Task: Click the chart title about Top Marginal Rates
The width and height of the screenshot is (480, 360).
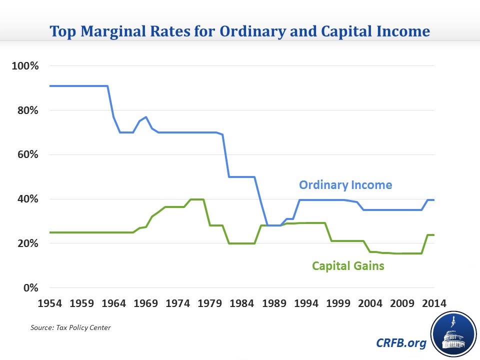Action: [x=239, y=31]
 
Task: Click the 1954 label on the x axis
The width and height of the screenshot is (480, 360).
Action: [x=49, y=303]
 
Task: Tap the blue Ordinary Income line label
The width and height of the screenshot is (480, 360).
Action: [x=345, y=185]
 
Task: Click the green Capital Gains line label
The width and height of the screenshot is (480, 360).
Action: [x=348, y=266]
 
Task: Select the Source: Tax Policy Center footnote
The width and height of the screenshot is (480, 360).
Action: [x=70, y=327]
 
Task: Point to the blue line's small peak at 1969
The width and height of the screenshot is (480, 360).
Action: [x=145, y=117]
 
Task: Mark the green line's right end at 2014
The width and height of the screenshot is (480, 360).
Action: [x=434, y=235]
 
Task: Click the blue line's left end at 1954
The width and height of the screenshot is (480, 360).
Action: [x=50, y=86]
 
